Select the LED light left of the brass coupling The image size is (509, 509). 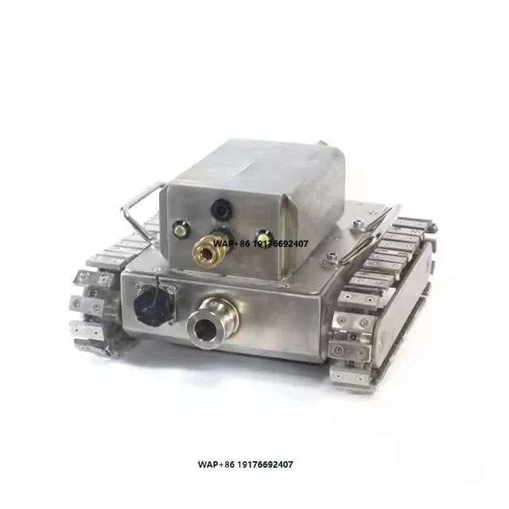click(181, 228)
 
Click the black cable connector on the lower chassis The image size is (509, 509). click(153, 305)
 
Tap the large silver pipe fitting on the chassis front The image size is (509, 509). click(212, 323)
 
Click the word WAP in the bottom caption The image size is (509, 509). click(208, 464)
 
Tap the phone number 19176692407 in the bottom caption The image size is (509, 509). click(265, 464)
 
